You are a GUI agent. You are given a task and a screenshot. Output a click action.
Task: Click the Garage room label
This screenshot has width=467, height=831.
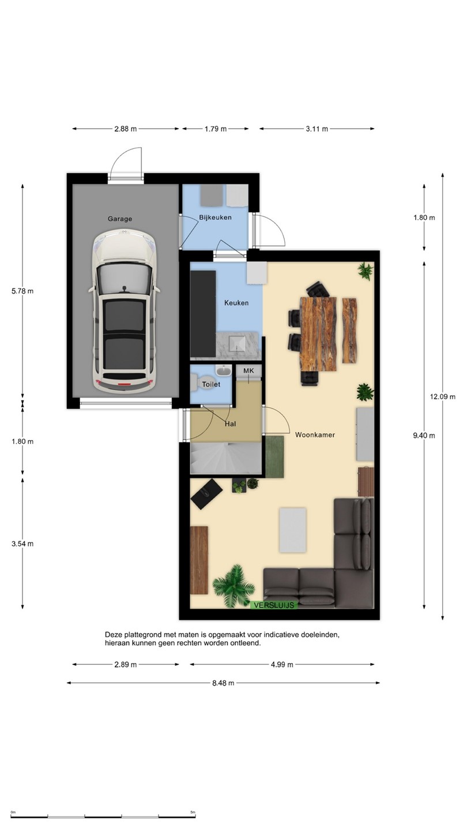point(120,219)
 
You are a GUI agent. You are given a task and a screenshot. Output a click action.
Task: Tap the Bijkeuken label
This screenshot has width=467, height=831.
point(216,218)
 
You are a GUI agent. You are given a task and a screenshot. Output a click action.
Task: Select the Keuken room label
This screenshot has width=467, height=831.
point(236,303)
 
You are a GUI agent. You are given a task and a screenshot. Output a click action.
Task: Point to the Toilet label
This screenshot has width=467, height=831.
point(211,384)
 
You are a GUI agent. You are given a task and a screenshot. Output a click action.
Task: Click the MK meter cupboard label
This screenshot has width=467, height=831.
point(248,370)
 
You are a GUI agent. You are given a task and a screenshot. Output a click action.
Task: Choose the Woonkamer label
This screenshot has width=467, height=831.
point(315,435)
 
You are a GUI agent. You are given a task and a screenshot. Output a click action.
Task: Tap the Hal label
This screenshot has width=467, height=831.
point(230,424)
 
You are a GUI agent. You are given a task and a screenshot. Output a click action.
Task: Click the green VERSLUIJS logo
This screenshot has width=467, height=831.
point(274,605)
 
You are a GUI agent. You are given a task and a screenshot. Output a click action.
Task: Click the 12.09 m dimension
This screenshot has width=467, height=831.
point(443,396)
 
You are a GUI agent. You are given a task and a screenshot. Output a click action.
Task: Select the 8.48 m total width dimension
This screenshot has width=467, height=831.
point(223,683)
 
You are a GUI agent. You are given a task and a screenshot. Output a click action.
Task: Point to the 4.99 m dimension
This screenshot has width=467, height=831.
point(282,664)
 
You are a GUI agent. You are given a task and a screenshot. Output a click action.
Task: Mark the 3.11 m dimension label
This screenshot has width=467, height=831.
point(317,129)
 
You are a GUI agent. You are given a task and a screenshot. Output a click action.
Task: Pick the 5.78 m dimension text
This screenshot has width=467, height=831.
point(22,291)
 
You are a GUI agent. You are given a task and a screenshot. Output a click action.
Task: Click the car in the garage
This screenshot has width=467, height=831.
point(124,310)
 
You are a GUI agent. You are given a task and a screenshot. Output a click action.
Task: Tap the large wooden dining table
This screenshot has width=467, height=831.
point(318,334)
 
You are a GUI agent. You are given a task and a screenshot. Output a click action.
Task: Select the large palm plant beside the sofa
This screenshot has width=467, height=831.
point(234,586)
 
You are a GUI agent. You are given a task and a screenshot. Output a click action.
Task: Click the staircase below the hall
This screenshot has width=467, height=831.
point(226,458)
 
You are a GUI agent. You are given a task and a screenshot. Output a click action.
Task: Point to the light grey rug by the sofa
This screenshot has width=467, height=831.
point(293,530)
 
